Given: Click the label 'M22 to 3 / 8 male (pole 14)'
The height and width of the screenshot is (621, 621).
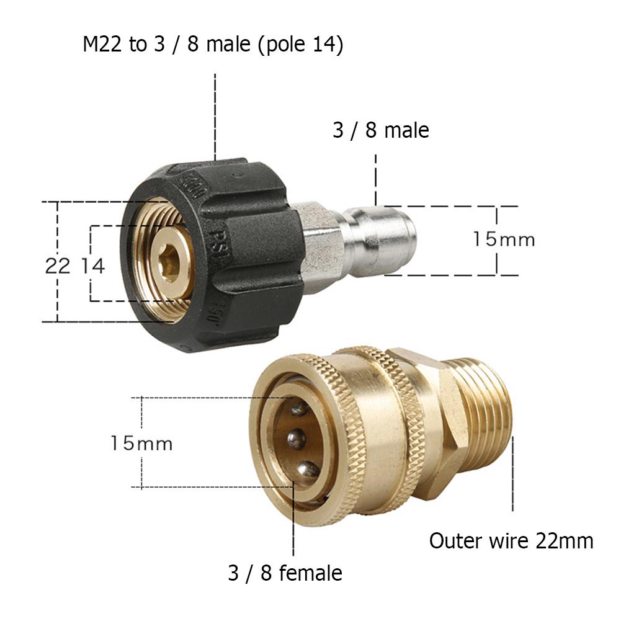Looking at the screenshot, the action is pos(213,45).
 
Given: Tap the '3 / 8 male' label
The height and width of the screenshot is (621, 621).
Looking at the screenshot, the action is pos(380,130).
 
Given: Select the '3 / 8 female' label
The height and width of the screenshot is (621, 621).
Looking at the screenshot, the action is pos(285,573).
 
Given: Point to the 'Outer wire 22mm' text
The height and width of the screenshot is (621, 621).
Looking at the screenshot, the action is pos(511,541).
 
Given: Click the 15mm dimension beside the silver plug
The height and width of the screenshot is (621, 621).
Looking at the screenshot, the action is pos(504,239).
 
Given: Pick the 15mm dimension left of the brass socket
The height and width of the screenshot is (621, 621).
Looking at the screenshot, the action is pos(141,443).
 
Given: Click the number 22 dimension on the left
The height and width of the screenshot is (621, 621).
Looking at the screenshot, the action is pos(58,266).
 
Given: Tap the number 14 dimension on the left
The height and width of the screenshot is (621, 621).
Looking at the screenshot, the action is pos(93,266).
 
